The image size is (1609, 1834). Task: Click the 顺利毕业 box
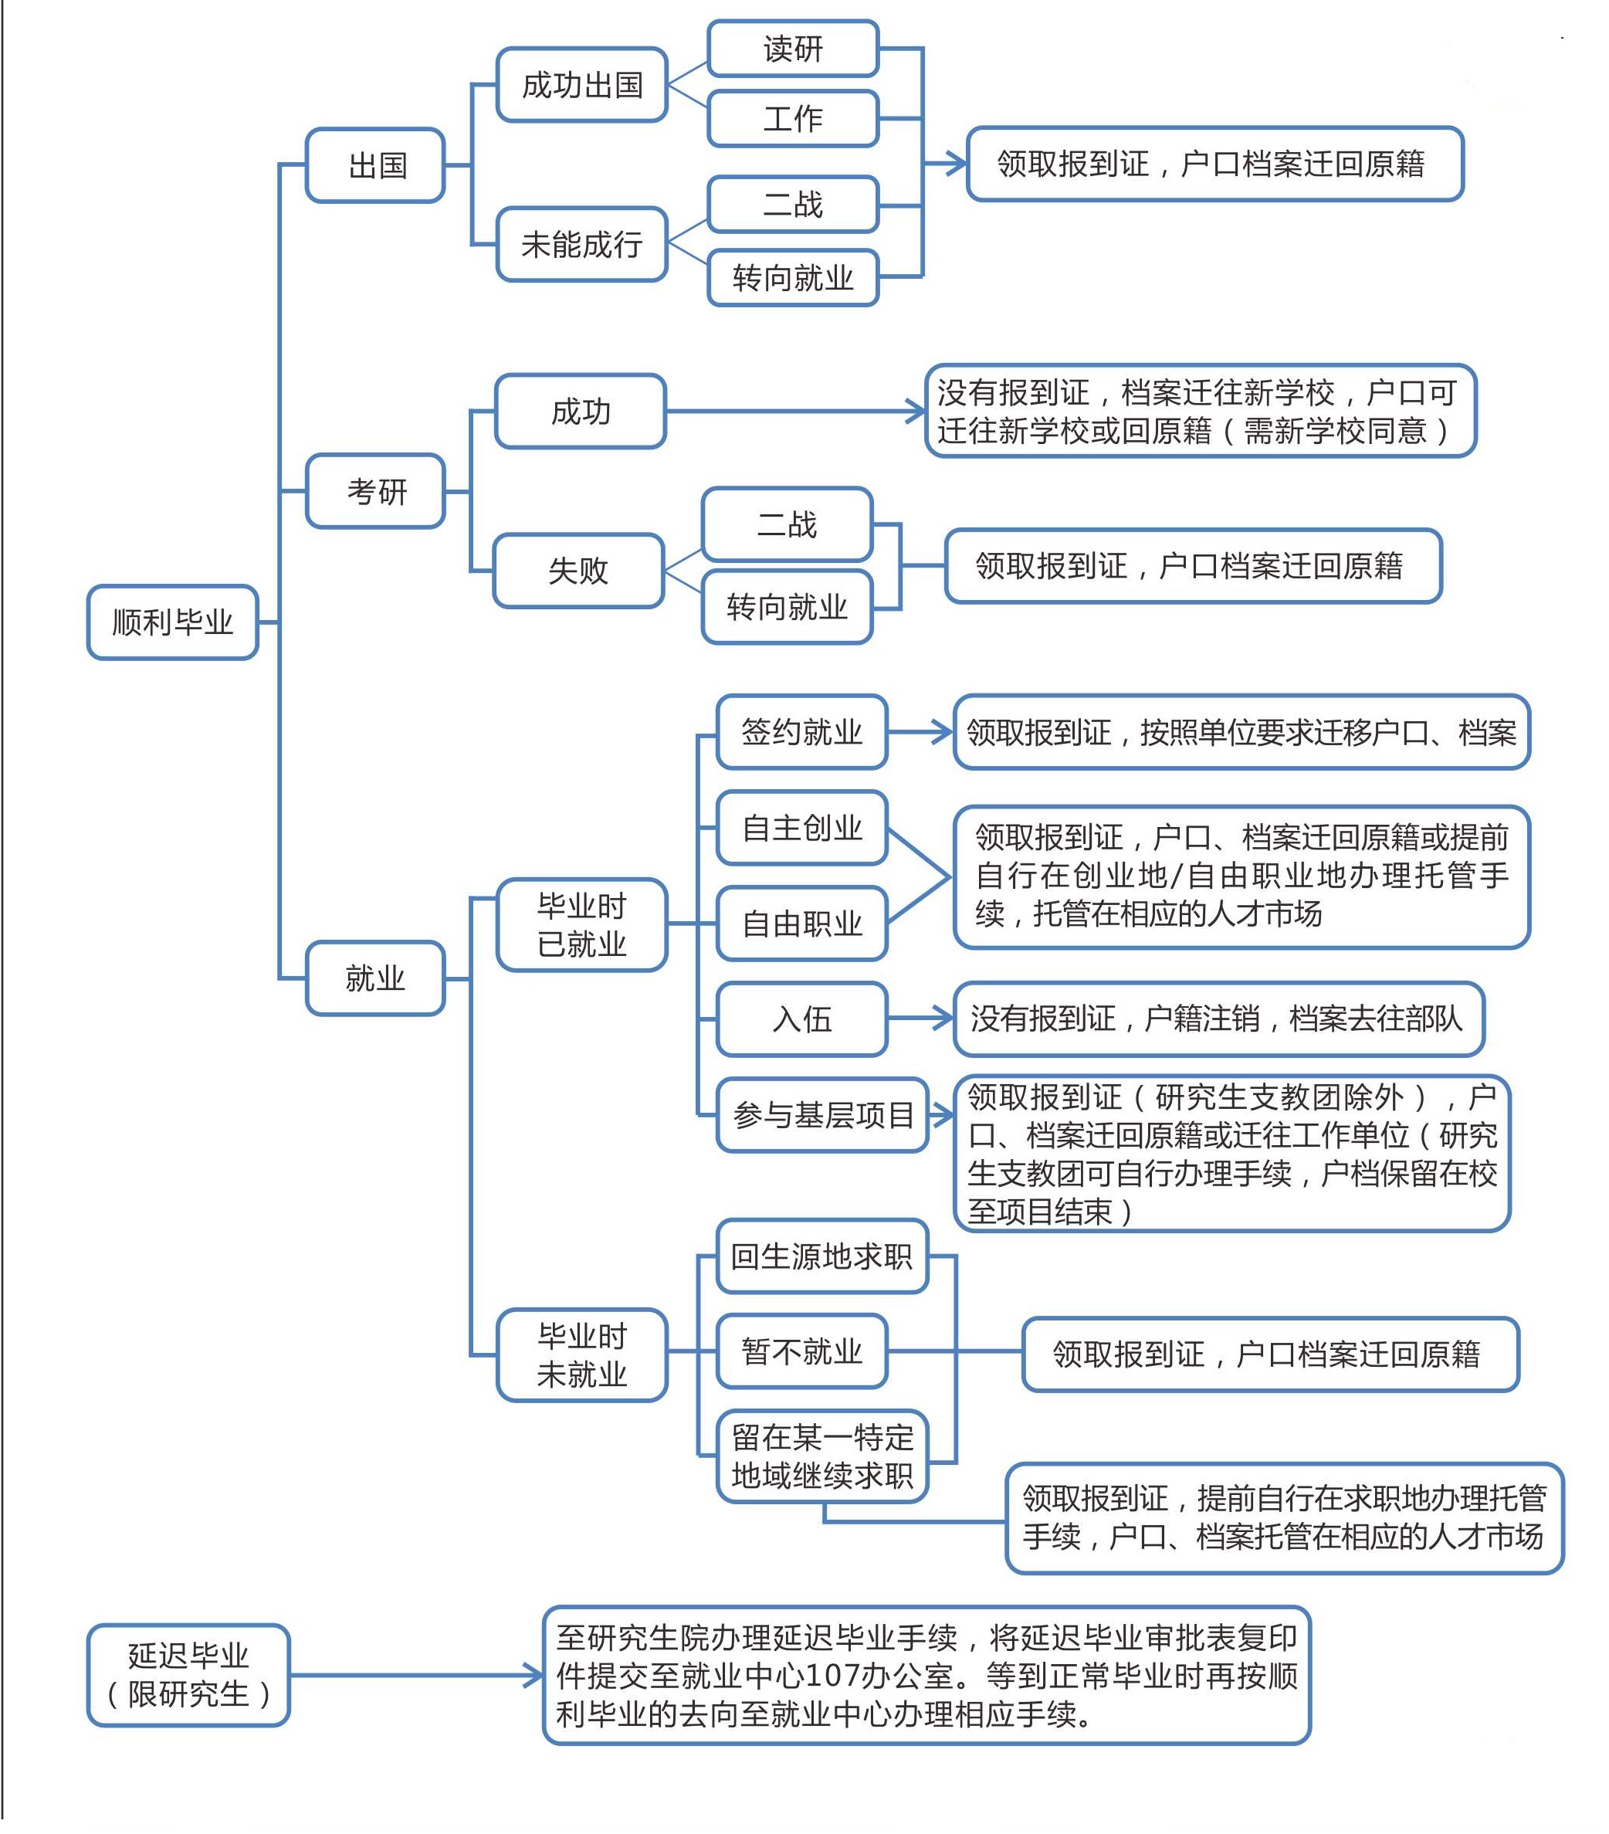172,622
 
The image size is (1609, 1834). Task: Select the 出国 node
375,165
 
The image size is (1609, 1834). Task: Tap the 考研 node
375,491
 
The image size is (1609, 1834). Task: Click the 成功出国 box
581,84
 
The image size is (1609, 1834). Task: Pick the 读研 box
792,49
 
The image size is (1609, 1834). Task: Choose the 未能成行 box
581,244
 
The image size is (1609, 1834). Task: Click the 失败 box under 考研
578,571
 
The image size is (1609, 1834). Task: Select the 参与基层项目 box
821,1115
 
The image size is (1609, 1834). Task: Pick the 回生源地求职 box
821,1256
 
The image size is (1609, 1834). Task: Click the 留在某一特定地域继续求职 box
821,1456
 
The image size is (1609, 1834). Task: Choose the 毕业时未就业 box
581,1355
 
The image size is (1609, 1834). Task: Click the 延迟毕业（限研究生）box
188,1675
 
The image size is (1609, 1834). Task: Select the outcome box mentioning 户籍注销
1219,1019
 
